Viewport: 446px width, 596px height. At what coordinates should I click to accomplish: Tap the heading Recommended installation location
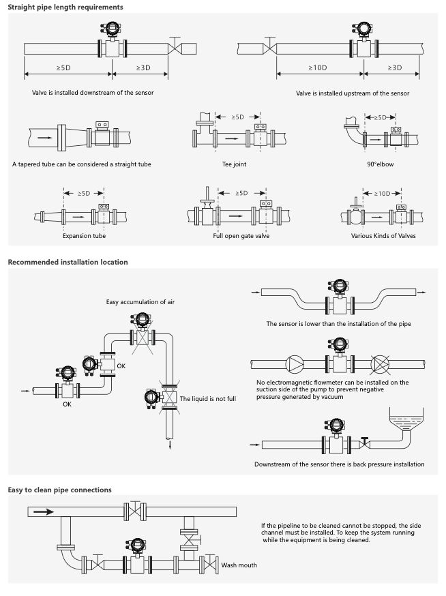click(68, 262)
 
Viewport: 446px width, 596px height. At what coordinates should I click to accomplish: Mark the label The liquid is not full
click(207, 398)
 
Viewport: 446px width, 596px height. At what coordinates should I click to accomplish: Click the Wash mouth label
click(239, 565)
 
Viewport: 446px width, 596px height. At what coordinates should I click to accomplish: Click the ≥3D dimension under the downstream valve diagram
click(143, 68)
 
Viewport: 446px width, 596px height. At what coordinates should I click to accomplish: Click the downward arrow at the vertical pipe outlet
click(168, 445)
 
